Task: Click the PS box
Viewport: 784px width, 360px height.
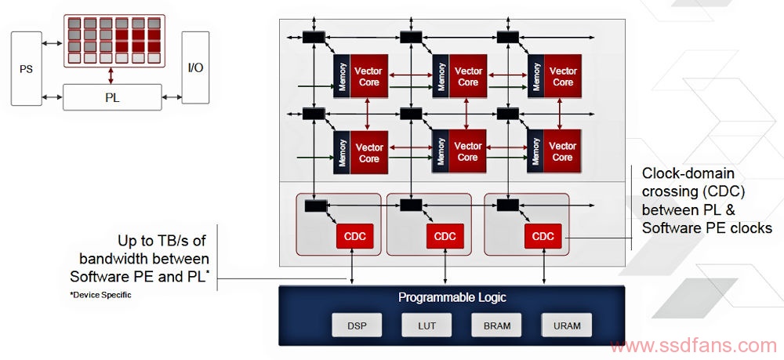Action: [x=26, y=68]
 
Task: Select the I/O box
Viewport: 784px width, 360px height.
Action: [x=195, y=67]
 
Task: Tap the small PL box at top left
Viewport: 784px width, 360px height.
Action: [x=112, y=97]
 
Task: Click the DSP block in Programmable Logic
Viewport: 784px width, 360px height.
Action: [x=357, y=325]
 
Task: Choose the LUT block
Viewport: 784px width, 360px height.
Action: [x=426, y=325]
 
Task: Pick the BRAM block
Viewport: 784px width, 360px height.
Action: [x=496, y=325]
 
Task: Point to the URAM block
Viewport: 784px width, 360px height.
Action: [x=567, y=325]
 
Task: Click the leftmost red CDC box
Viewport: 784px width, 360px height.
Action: [x=355, y=236]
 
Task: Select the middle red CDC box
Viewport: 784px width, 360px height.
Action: [x=445, y=236]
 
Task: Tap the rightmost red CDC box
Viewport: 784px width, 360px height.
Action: [x=543, y=236]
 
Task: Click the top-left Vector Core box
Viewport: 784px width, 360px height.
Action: [x=369, y=76]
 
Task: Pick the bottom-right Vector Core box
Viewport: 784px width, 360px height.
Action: [x=562, y=151]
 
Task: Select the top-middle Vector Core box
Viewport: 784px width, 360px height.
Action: [x=468, y=76]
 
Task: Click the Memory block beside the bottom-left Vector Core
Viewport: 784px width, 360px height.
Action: [x=342, y=152]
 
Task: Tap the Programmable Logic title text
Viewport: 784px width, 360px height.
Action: [x=452, y=297]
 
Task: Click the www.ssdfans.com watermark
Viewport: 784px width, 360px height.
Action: [x=694, y=346]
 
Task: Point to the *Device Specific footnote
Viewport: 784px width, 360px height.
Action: [x=100, y=295]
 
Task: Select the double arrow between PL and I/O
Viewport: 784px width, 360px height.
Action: [x=172, y=97]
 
